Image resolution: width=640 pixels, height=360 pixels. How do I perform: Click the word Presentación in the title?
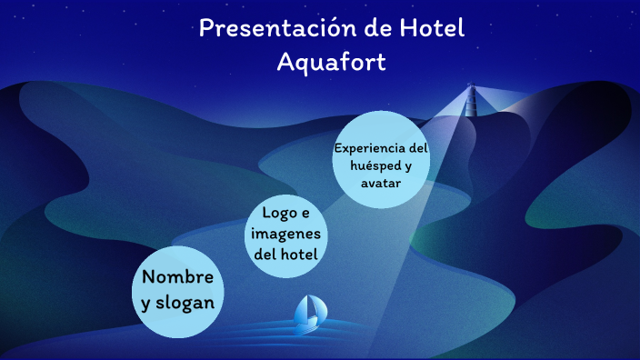268,28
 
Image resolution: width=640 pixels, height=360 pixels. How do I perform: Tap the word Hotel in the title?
432,28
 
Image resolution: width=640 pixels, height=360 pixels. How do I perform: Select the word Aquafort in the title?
331,63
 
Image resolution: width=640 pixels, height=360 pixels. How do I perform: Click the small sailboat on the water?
309,311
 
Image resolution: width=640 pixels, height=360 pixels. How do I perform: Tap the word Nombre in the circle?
178,276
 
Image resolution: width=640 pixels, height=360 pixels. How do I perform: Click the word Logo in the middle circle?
275,213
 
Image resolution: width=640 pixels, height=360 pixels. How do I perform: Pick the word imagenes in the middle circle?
286,234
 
